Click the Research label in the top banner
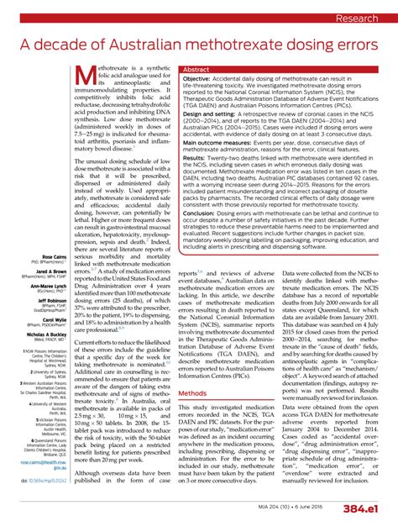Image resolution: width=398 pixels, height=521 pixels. (x=360, y=17)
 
